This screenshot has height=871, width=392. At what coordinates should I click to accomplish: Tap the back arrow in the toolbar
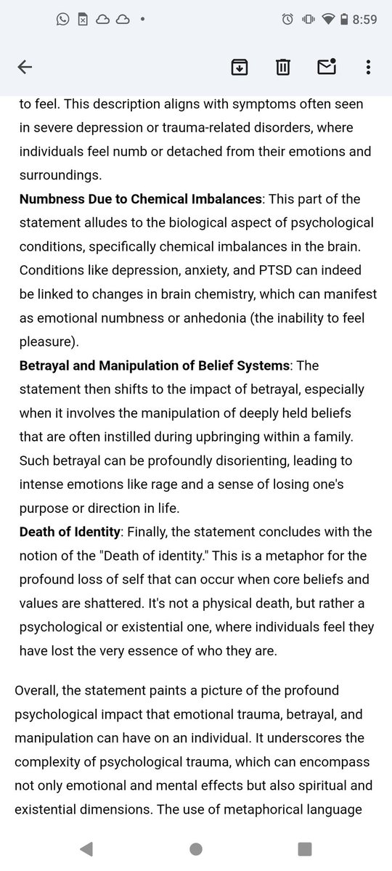(25, 68)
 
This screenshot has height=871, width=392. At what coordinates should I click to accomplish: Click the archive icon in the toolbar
(239, 68)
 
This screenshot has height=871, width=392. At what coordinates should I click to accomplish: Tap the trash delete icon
(282, 68)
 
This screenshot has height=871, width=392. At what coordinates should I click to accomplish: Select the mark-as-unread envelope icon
(326, 67)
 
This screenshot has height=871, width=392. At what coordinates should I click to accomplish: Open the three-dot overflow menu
(369, 68)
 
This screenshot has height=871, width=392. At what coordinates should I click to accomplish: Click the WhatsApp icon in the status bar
(62, 20)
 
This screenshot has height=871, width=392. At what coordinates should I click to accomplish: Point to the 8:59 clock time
(364, 20)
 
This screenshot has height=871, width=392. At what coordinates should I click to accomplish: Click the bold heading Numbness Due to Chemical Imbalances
(139, 199)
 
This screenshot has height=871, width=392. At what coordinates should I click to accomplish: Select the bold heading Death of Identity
(68, 532)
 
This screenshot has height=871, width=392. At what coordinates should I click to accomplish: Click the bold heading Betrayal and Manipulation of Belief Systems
(154, 365)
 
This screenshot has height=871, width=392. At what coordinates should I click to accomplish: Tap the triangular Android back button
(86, 848)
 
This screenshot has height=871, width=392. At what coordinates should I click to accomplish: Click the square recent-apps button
(305, 848)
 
